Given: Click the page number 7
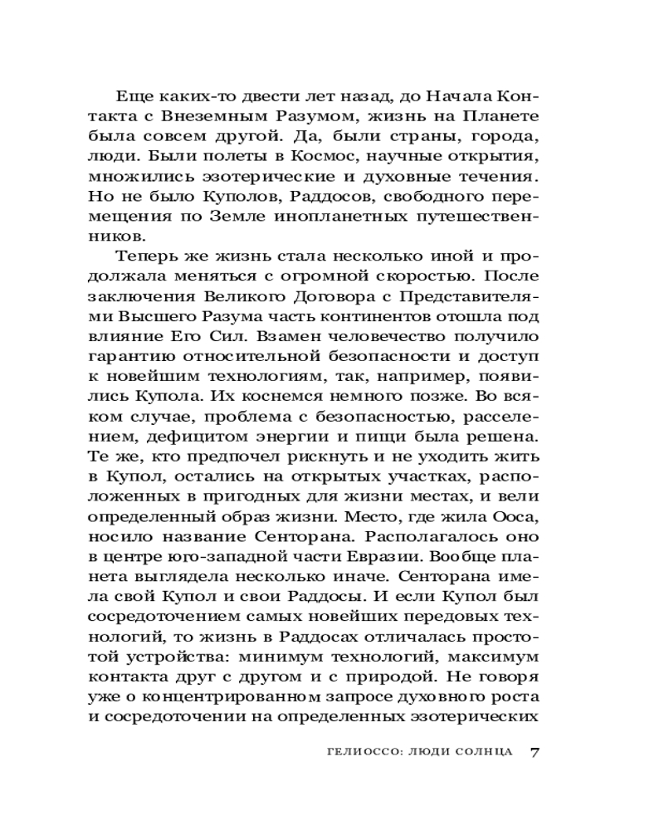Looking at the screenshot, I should click(535, 752).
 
